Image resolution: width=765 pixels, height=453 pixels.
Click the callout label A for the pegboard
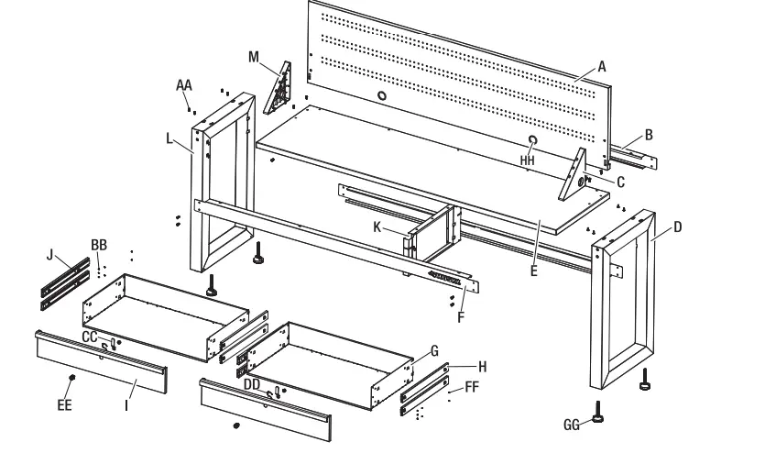[x=602, y=66]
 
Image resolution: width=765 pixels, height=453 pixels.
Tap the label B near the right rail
[x=649, y=135]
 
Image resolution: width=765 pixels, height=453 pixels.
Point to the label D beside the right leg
[x=677, y=226]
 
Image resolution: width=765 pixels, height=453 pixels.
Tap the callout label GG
[x=573, y=425]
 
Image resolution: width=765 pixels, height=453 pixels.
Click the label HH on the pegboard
[x=527, y=160]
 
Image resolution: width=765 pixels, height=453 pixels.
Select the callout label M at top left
[x=254, y=56]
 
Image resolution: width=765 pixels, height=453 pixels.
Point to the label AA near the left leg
[x=184, y=84]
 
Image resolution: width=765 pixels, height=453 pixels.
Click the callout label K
[x=377, y=226]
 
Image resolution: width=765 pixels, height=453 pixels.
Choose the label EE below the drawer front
[x=64, y=403]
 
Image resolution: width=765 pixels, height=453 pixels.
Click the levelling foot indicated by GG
[x=597, y=414]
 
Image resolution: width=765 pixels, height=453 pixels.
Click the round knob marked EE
[x=71, y=378]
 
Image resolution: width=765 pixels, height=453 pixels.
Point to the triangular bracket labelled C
[x=575, y=174]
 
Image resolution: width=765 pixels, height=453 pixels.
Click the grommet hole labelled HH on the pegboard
[x=531, y=138]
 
